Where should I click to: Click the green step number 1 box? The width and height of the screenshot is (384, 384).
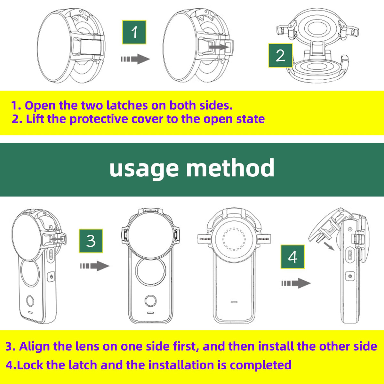pos(134,32)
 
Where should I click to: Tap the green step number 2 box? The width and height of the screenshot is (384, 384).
pos(280,55)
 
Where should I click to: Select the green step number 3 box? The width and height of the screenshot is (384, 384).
pos(91,241)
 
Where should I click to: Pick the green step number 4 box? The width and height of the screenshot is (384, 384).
pos(293,257)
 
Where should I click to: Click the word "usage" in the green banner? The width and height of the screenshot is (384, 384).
pos(144,168)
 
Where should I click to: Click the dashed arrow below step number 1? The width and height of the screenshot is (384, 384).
pos(135,59)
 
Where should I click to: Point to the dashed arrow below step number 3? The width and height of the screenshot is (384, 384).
pos(95,266)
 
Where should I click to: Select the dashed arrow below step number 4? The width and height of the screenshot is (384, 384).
pos(296,283)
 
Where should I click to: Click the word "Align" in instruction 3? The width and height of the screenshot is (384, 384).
pos(34,346)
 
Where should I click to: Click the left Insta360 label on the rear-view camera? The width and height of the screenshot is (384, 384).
pos(205,239)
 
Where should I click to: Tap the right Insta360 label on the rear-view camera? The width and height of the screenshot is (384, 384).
pos(263,239)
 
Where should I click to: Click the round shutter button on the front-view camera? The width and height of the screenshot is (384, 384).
pos(150,301)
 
